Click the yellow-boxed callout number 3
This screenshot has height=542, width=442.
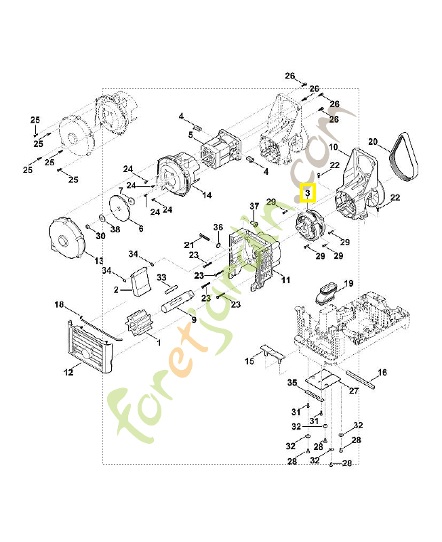tap(307, 194)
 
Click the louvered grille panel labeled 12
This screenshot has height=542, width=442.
tap(89, 346)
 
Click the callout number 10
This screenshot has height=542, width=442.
tap(333, 147)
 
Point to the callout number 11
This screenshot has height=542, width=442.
tap(285, 280)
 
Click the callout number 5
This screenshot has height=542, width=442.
tap(190, 135)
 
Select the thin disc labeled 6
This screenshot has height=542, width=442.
tap(123, 208)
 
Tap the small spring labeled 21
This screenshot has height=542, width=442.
tap(205, 236)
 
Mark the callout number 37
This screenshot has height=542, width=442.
tap(254, 206)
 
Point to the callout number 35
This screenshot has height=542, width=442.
tap(292, 383)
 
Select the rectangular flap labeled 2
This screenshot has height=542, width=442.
tap(142, 281)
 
